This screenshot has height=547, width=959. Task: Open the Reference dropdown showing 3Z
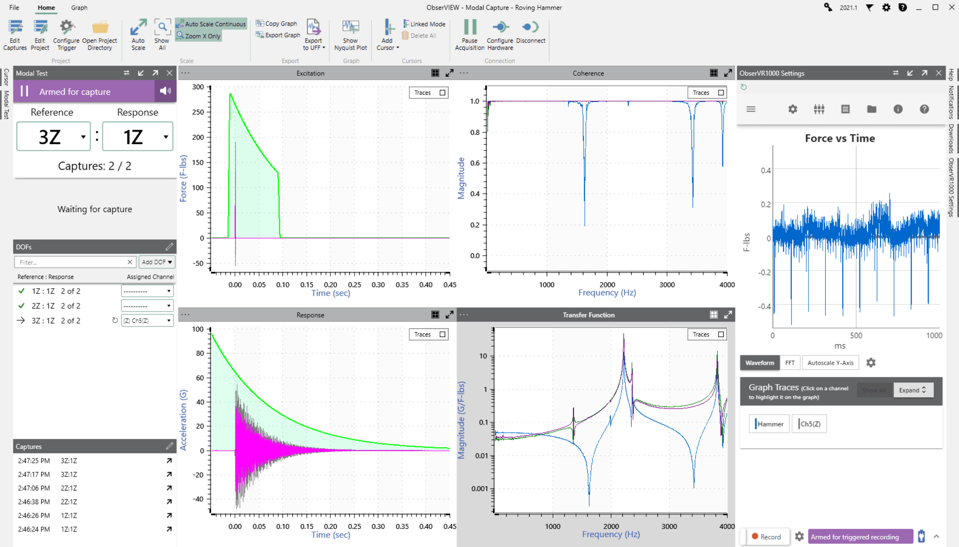point(53,137)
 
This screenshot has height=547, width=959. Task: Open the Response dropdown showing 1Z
point(137,137)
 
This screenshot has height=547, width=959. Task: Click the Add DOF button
point(157,262)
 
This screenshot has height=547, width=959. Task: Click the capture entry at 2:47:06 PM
point(34,488)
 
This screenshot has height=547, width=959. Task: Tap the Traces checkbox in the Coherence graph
point(720,93)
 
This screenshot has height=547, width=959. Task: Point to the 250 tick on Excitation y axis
point(198,112)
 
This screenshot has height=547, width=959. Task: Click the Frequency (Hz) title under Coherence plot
point(607,293)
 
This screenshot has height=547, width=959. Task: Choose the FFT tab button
point(789,362)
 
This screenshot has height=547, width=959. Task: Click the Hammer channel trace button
point(769,424)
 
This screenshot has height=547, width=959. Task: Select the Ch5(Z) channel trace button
point(810,424)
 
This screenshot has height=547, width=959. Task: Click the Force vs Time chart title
point(839,138)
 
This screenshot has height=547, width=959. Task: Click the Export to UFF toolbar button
point(313,35)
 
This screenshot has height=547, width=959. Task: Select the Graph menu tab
point(79,8)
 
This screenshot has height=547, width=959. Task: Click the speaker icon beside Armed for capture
point(165,91)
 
